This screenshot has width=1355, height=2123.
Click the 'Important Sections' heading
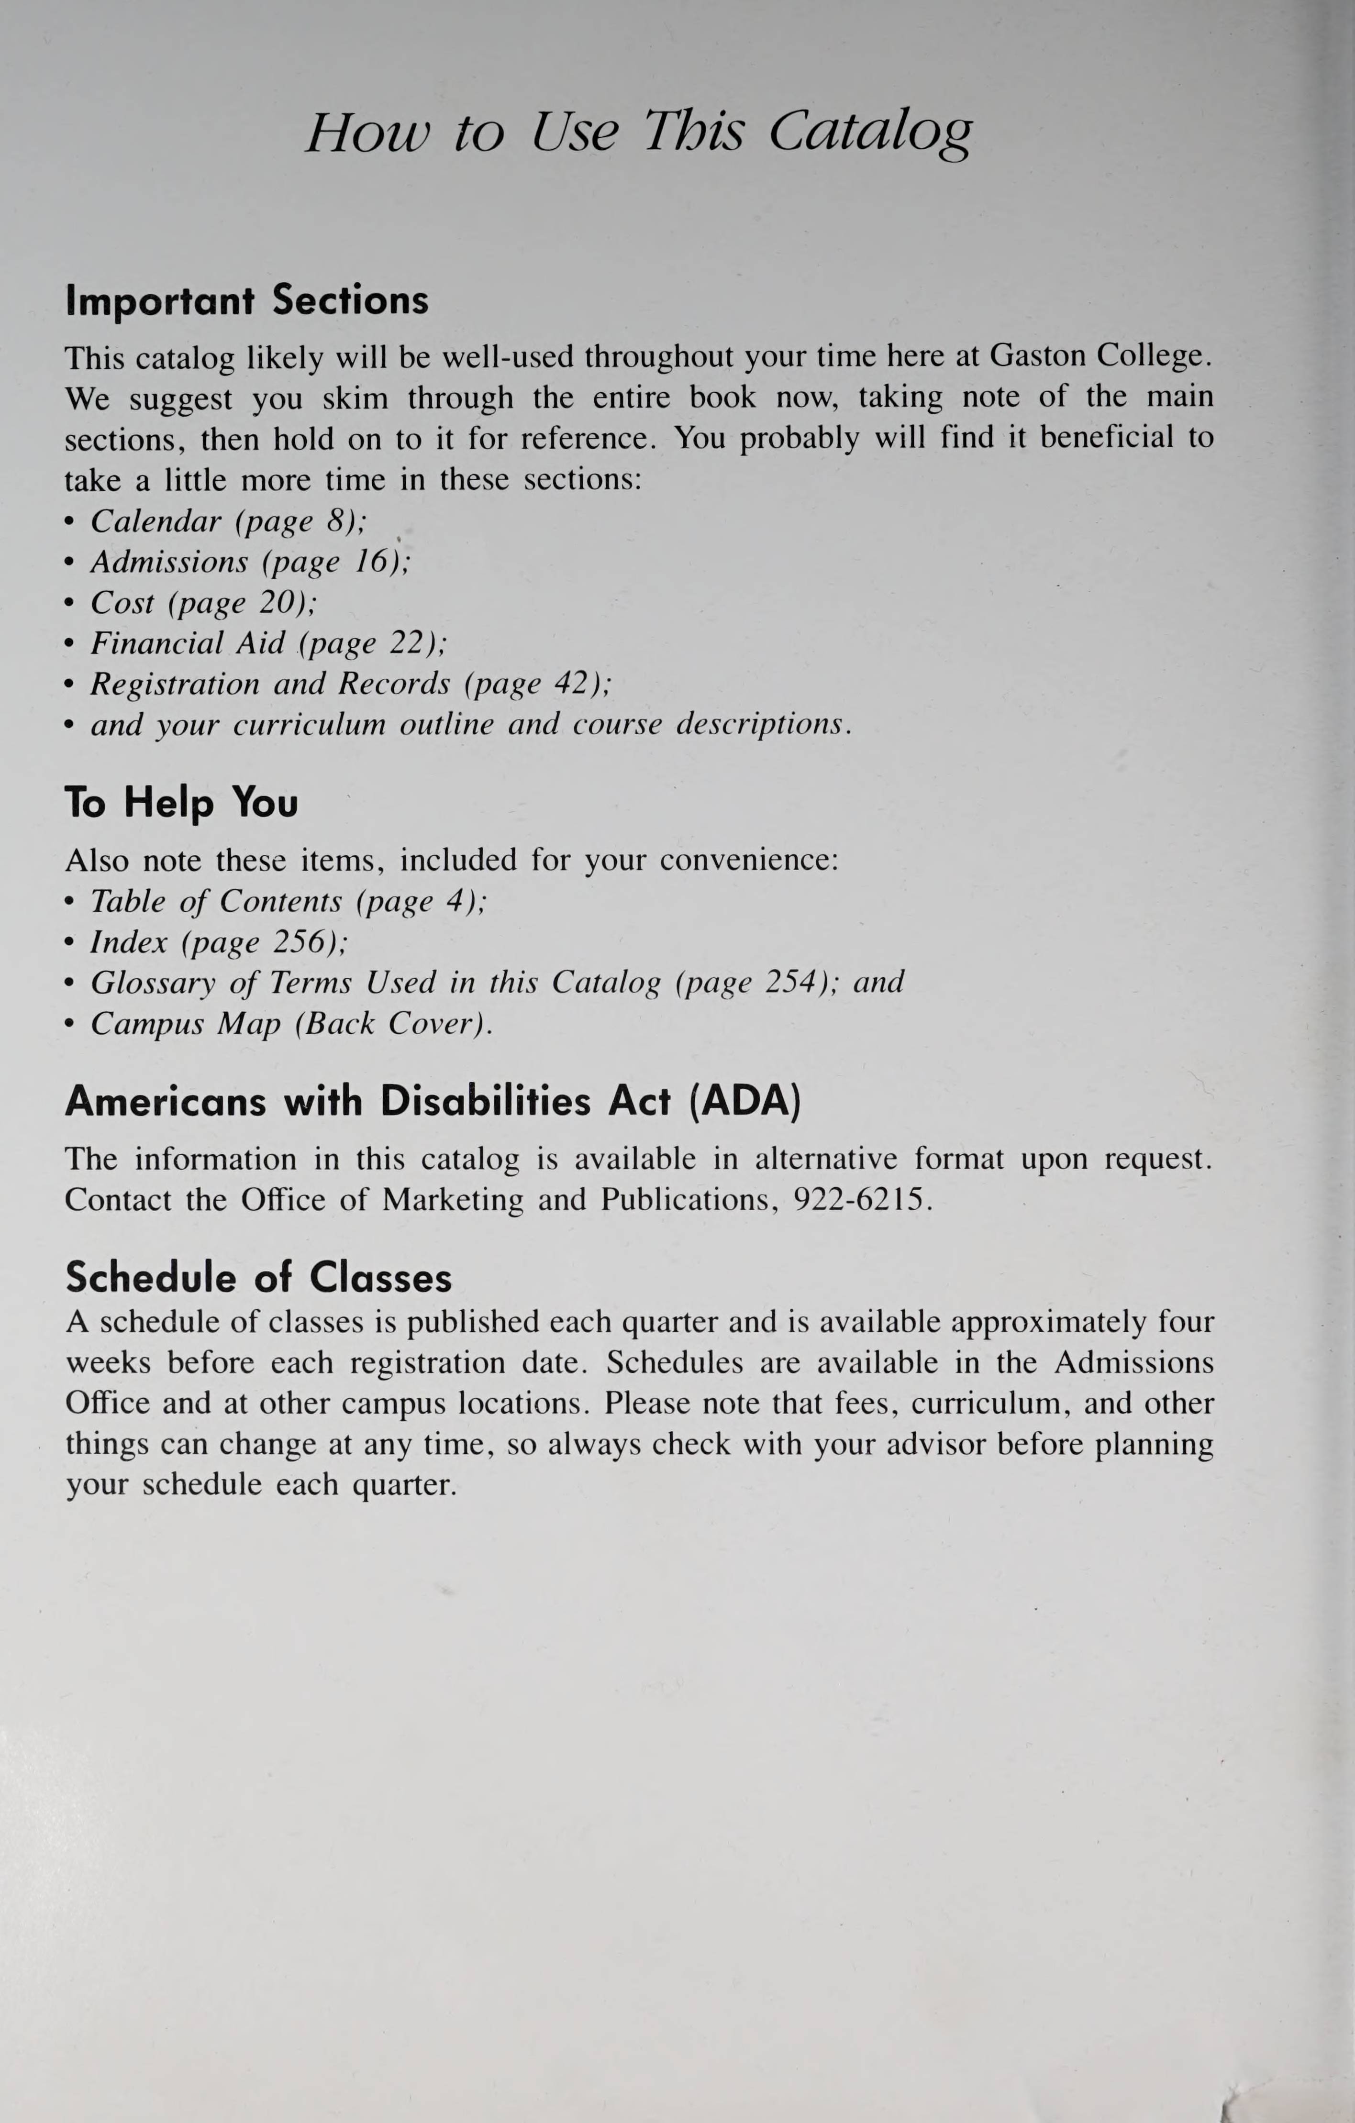click(x=247, y=300)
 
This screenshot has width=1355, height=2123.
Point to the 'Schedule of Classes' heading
click(x=258, y=1278)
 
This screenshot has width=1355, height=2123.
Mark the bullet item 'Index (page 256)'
click(x=219, y=942)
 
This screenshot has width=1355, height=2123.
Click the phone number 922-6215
click(x=861, y=1200)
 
